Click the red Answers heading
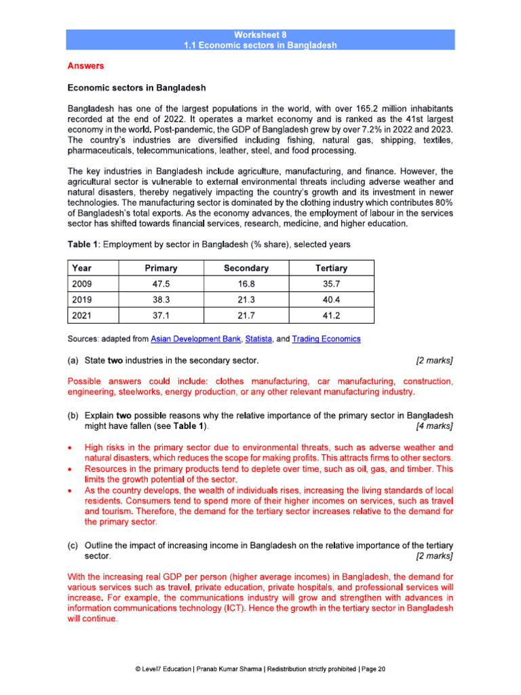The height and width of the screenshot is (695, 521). (85, 66)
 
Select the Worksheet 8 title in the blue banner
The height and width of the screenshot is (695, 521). (260, 34)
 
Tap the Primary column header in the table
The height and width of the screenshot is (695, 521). (161, 268)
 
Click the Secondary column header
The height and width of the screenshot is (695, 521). (246, 268)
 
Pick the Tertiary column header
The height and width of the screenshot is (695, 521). (331, 268)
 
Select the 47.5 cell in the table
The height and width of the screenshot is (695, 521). (161, 284)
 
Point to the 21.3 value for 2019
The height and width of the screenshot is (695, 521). (246, 299)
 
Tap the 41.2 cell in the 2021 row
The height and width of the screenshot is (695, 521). (331, 315)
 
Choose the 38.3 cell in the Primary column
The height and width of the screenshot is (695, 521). (161, 299)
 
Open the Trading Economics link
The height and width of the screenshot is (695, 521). (326, 339)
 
